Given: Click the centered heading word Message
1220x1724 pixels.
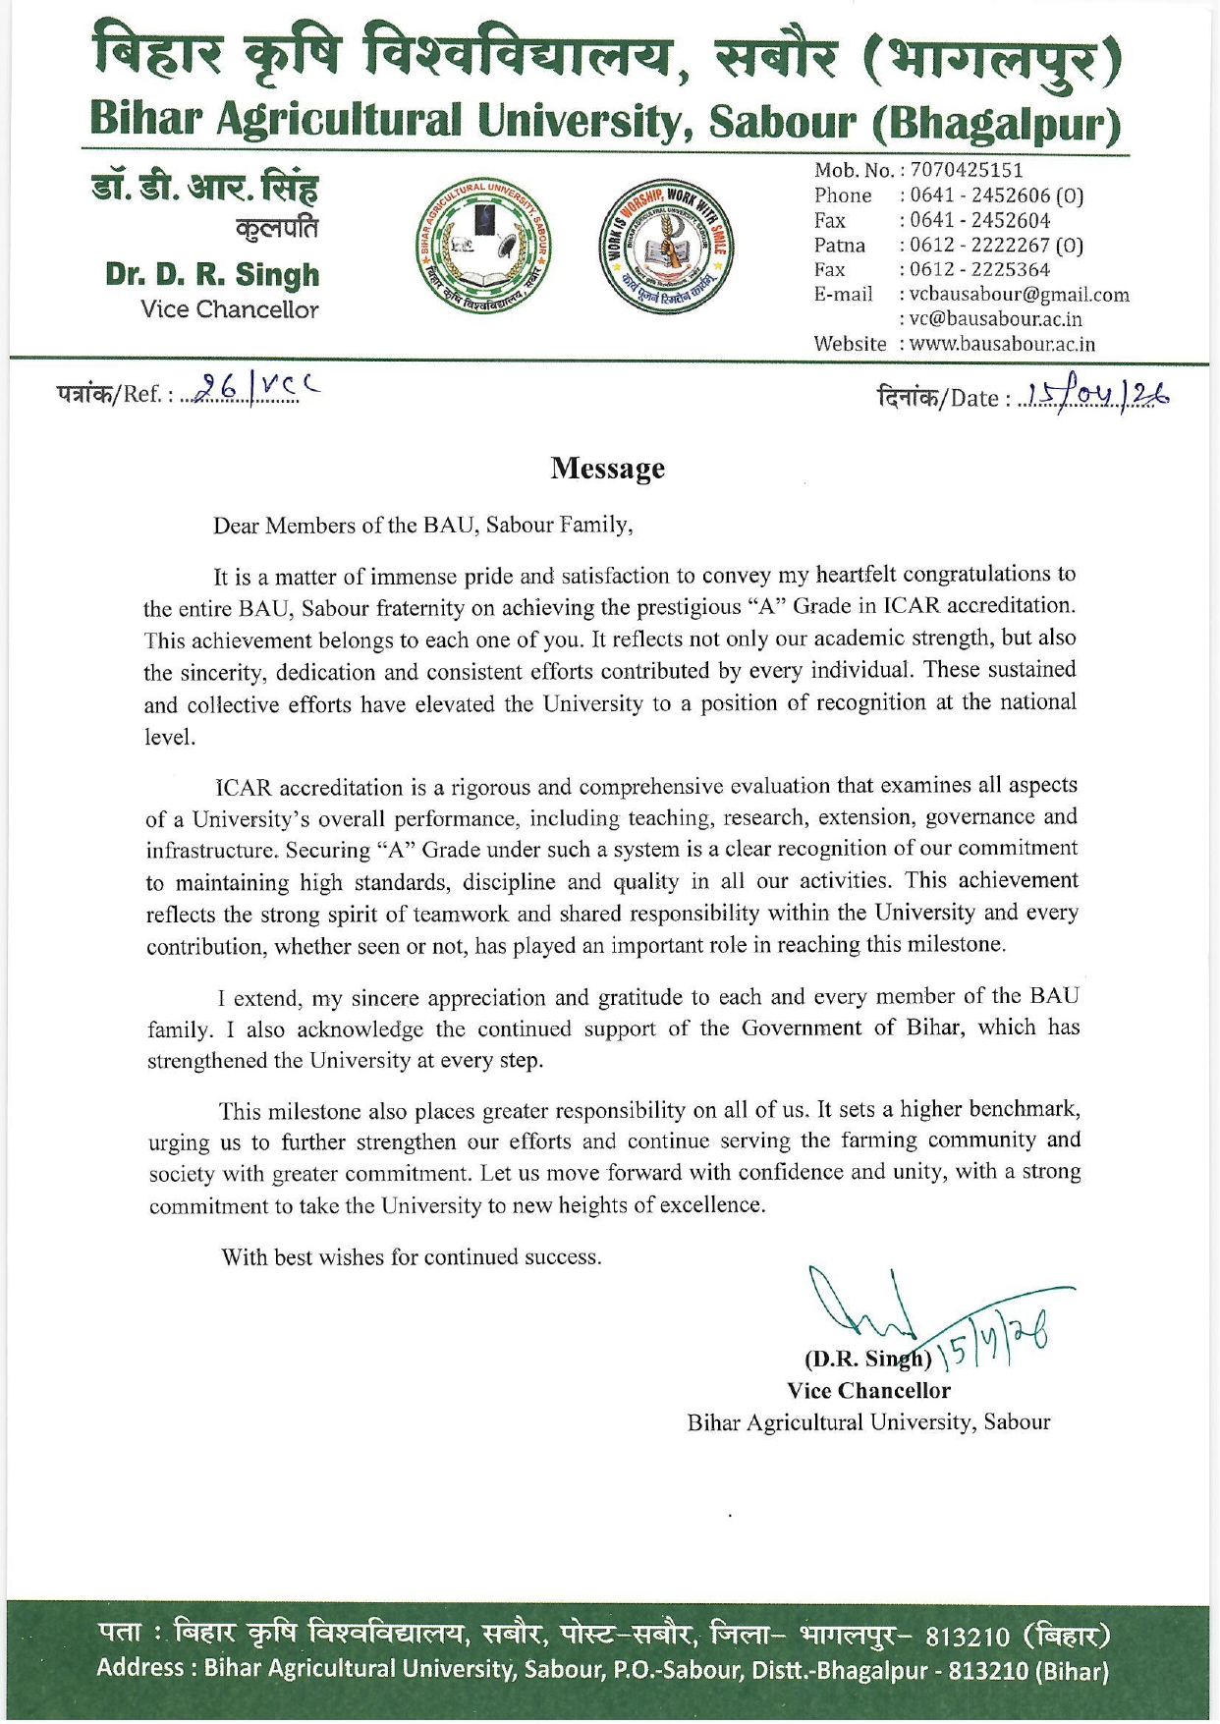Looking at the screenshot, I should [x=607, y=469].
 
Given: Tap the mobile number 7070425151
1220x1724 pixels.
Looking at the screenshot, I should [x=967, y=171].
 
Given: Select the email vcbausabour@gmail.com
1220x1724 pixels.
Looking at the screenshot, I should [x=1019, y=295].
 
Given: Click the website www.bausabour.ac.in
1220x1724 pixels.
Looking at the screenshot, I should [x=1002, y=344].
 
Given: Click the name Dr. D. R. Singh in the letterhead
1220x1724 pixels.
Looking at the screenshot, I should [x=212, y=275].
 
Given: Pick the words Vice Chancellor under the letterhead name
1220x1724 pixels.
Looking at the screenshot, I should [x=229, y=310].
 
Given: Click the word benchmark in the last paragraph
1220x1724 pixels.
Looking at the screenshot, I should [x=1024, y=1109].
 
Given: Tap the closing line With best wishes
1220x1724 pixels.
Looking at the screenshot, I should [x=411, y=1257].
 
